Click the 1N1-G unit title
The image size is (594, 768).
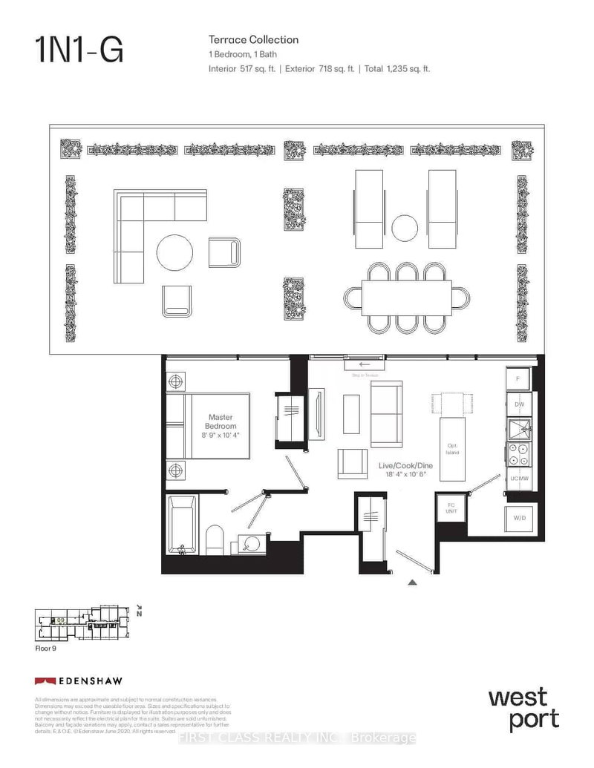[x=79, y=51]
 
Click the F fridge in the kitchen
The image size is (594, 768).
[x=519, y=379]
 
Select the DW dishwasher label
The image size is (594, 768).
[x=519, y=404]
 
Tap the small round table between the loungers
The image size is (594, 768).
[x=405, y=226]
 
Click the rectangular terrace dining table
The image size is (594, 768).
[x=406, y=298]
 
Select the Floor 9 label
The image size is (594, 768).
[x=47, y=648]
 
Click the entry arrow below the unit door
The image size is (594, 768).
[x=412, y=582]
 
